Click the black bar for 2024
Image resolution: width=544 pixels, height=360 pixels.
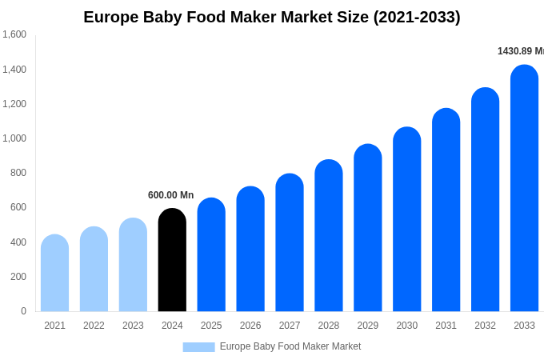pos(172,260)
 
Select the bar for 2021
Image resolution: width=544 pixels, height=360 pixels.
pos(54,273)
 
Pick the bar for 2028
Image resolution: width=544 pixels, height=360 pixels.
pos(329,235)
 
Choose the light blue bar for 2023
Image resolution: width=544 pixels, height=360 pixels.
pos(133,265)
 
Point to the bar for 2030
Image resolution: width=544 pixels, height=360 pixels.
pos(406,219)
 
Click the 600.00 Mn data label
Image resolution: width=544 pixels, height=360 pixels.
pos(170,195)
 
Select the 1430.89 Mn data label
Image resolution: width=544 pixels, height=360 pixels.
pos(520,51)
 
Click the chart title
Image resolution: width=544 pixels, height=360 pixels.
pos(272,17)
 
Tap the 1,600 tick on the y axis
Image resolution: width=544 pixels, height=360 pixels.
pos(14,34)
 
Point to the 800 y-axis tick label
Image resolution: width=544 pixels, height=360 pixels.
pos(18,173)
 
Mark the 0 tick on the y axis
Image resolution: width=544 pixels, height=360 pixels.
pos(23,311)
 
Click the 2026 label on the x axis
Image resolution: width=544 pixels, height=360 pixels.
pos(250,326)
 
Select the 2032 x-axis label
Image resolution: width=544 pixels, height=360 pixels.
pos(485,326)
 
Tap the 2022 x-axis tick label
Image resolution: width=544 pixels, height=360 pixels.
pos(94,326)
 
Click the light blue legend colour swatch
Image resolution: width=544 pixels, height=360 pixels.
pos(198,347)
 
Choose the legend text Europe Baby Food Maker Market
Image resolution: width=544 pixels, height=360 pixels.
pos(290,346)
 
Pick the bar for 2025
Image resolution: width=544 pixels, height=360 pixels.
pos(211,254)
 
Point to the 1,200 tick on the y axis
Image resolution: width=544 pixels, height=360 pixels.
pos(14,104)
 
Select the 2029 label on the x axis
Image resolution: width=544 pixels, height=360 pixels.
pos(368,326)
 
